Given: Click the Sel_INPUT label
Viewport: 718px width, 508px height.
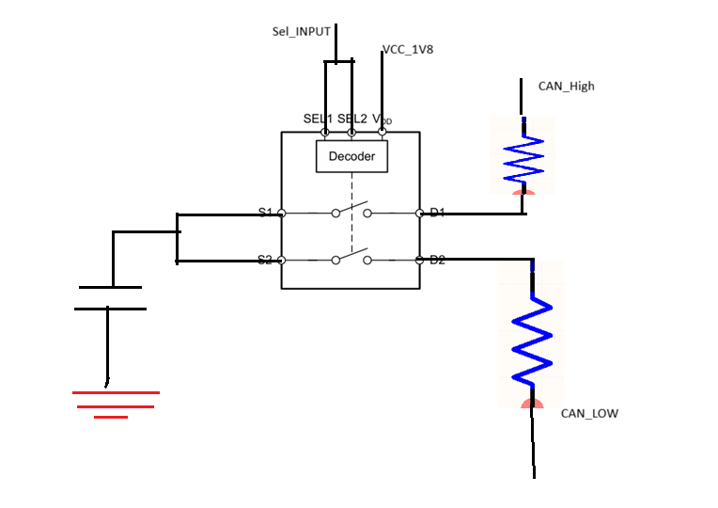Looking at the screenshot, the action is click(301, 32).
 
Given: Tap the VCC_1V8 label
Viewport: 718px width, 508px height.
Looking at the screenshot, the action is click(408, 50).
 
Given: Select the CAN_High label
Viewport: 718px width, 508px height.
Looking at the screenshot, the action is click(566, 87).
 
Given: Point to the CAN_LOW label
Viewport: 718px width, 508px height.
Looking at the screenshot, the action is click(589, 414).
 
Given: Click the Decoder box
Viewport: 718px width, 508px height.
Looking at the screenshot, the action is click(351, 156).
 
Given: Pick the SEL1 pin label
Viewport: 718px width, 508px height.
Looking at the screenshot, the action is click(318, 119).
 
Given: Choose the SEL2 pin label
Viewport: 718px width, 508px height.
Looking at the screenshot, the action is click(352, 119).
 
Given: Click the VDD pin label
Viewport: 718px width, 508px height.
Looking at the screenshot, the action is click(382, 119).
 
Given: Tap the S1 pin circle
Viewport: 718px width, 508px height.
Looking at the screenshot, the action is click(282, 213).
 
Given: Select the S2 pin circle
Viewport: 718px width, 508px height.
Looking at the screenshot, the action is click(282, 261).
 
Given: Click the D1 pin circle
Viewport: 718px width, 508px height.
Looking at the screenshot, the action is click(419, 213).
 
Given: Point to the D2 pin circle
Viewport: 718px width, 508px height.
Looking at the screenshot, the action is click(419, 260).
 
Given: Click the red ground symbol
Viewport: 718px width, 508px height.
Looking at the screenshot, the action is click(116, 405).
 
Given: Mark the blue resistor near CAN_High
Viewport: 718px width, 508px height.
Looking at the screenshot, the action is click(523, 156).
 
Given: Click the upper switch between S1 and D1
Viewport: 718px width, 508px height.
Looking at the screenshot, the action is click(351, 209).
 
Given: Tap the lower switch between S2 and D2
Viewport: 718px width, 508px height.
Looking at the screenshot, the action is click(351, 257).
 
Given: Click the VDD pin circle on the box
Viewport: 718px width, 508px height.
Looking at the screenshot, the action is click(382, 132).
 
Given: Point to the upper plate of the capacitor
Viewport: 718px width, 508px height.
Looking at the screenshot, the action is click(110, 288).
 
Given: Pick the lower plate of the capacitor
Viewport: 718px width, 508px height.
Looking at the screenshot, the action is click(110, 309).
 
